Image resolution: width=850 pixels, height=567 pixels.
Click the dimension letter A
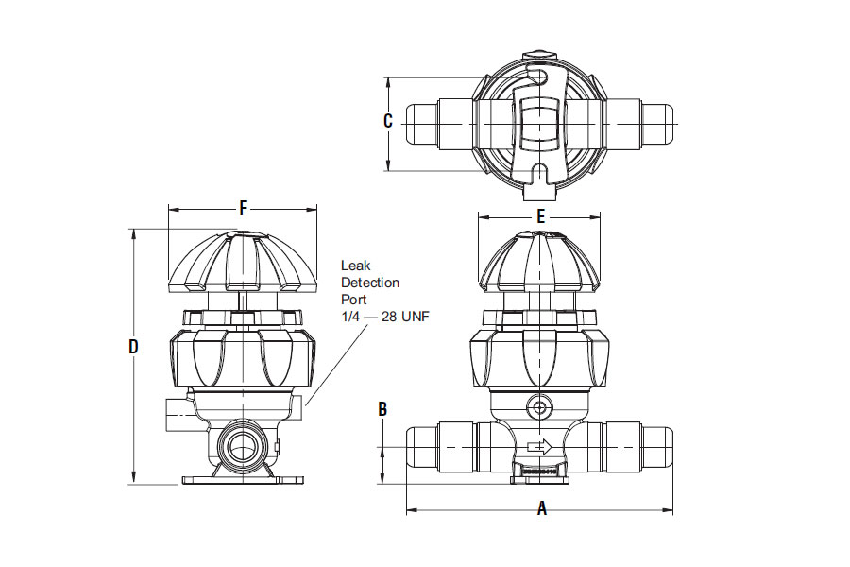pos(541,508)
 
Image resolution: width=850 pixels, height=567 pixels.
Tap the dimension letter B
pos(382,409)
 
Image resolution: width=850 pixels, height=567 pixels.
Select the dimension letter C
pos(387,120)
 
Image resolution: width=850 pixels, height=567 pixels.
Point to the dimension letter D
pos(133,346)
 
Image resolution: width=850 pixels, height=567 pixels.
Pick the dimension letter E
pos(540,216)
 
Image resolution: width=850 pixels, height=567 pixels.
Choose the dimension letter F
pos(244,208)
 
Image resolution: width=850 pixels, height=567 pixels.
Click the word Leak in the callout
pos(356,266)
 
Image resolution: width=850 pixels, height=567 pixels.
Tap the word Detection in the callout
pos(370,283)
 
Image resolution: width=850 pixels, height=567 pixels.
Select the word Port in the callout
pos(353,299)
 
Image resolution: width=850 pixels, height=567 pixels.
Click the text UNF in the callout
pos(416,317)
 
